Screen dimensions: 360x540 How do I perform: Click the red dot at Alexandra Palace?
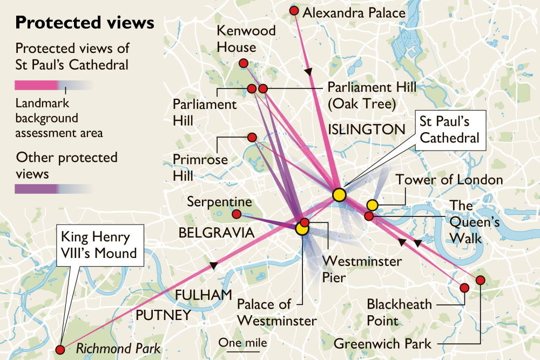[x=294, y=11]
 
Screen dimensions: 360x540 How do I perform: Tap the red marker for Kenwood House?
[x=243, y=63]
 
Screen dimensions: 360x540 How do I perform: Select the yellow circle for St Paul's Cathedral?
[x=339, y=195]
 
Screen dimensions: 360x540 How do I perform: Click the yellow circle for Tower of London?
[x=372, y=205]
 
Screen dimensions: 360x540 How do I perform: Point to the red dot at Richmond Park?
[x=60, y=349]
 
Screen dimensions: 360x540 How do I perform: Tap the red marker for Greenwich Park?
[x=480, y=280]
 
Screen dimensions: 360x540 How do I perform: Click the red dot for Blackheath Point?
[x=463, y=288]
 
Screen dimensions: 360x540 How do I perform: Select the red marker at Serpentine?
[x=236, y=214]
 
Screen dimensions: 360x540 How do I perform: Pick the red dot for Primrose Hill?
[x=252, y=137]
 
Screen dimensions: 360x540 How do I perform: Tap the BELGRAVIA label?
[x=216, y=233]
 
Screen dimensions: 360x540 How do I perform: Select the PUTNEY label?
[x=164, y=315]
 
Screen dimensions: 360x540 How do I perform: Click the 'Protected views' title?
[x=85, y=23]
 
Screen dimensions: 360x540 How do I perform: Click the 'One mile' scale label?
[x=243, y=343]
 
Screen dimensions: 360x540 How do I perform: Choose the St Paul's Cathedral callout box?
[x=449, y=130]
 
